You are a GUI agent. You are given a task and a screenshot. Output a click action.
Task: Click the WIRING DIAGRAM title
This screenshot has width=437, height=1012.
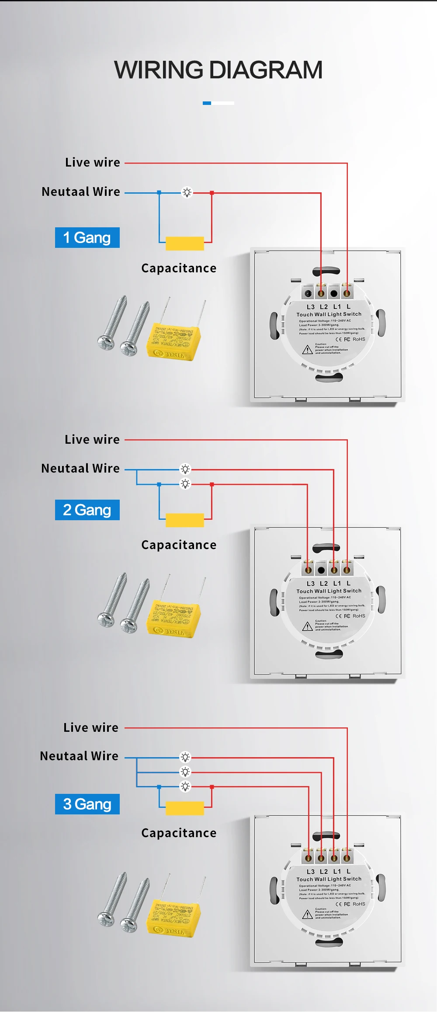pos(218,70)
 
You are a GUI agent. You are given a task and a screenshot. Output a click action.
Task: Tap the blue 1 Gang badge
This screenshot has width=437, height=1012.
pos(87,238)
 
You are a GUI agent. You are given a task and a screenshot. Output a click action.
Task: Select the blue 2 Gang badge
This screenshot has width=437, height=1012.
pos(87,510)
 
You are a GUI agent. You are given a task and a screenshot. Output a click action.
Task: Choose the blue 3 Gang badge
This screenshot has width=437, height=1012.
pos(87,804)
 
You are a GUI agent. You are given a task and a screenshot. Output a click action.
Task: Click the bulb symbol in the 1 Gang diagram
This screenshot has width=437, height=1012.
pos(187,192)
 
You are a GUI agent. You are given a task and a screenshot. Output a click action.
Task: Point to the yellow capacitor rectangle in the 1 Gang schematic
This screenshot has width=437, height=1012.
pos(185,243)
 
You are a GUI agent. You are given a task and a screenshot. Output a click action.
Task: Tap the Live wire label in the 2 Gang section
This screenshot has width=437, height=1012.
pos(92,439)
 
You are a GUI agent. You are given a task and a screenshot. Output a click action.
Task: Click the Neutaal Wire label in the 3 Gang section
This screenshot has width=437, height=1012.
pos(79,756)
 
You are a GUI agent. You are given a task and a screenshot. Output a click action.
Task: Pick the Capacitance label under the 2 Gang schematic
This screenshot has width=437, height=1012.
pos(179,545)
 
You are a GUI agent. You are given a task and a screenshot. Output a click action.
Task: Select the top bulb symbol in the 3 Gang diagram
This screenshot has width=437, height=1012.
pos(185,757)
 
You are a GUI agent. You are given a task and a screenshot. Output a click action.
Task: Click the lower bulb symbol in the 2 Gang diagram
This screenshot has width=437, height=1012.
pos(185,484)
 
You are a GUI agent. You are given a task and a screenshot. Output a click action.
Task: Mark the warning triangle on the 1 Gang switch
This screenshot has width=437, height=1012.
pos(308,350)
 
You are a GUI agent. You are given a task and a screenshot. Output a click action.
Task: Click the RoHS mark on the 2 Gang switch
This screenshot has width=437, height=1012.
pos(359,616)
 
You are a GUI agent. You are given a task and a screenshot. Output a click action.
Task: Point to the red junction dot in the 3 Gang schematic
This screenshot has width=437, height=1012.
pos(212,787)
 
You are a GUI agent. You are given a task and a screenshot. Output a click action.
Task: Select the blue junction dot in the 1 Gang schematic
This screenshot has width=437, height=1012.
pos(159,192)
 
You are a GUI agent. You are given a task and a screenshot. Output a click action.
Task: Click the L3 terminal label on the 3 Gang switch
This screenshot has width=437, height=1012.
pos(310,872)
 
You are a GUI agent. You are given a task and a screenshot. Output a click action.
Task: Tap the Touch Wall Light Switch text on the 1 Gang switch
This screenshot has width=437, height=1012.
pos(329,314)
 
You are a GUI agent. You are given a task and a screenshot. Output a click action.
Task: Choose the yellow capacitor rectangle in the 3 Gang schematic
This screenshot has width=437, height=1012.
pos(185,808)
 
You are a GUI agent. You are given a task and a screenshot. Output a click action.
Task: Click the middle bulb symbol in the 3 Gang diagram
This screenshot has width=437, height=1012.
pos(185,772)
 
